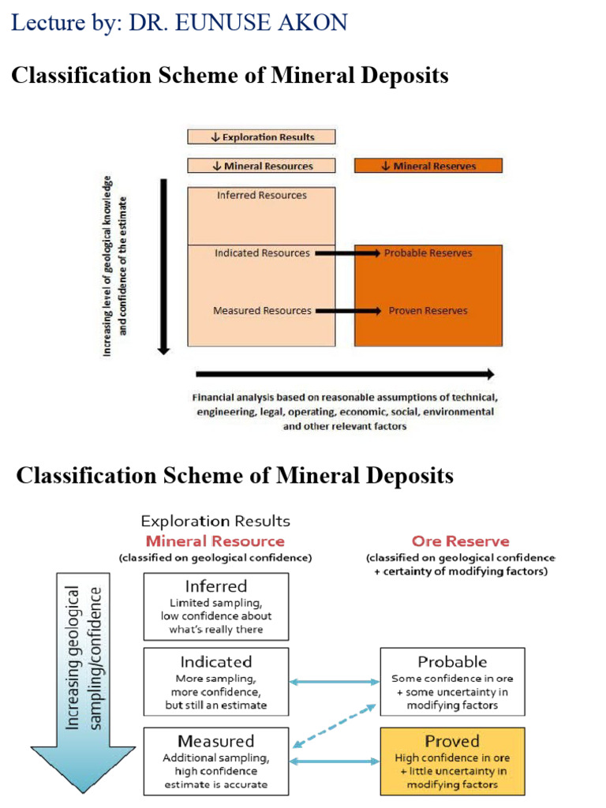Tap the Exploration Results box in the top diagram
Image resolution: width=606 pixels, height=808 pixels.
(261, 137)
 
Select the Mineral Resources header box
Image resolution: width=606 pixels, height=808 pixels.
(261, 166)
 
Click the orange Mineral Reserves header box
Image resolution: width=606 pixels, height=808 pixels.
(428, 166)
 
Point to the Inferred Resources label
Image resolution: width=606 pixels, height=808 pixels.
(262, 195)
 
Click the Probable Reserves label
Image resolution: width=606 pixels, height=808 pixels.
(428, 253)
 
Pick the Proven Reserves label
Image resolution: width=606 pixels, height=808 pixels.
(428, 311)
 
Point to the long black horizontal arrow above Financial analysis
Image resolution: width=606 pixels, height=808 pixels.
(344, 374)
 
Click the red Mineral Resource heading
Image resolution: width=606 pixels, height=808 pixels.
(215, 541)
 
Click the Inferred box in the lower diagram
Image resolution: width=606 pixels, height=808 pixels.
(216, 606)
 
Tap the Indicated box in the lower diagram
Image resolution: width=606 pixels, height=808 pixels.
(216, 682)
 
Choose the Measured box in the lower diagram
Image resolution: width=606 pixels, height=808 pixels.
(216, 761)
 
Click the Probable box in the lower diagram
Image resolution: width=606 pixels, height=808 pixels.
(452, 682)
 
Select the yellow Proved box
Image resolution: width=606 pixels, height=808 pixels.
(452, 761)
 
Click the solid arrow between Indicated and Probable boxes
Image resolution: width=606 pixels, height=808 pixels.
(335, 682)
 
